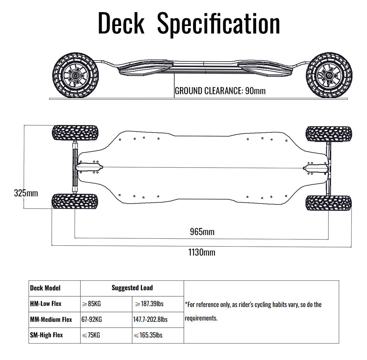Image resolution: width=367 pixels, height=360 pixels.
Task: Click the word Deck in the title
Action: pos(121,23)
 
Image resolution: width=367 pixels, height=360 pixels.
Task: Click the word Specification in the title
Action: pos(219,23)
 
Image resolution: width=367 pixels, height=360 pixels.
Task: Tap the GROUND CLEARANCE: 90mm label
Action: pos(220,91)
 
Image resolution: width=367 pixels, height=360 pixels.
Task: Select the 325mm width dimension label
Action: pos(26,193)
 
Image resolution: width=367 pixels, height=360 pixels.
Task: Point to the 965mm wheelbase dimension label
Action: pos(202,232)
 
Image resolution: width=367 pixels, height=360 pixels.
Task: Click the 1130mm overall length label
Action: pos(202,252)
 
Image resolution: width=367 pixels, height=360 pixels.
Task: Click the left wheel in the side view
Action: pos(75,75)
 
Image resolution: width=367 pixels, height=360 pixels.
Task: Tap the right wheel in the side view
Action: pos(329,75)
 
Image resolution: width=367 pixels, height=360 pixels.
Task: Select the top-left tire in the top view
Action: pos(75,133)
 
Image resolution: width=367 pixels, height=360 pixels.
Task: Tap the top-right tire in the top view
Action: pos(329,134)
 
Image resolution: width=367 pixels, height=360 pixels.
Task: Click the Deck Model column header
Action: pos(45,288)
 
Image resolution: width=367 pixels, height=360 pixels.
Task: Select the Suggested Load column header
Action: pos(132,288)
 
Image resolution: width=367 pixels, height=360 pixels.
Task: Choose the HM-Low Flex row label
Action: pos(46,304)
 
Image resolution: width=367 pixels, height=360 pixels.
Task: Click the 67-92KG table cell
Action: pos(92,320)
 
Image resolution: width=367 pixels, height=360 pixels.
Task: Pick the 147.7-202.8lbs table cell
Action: pos(150,320)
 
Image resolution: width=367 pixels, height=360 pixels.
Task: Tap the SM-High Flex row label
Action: pos(46,335)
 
